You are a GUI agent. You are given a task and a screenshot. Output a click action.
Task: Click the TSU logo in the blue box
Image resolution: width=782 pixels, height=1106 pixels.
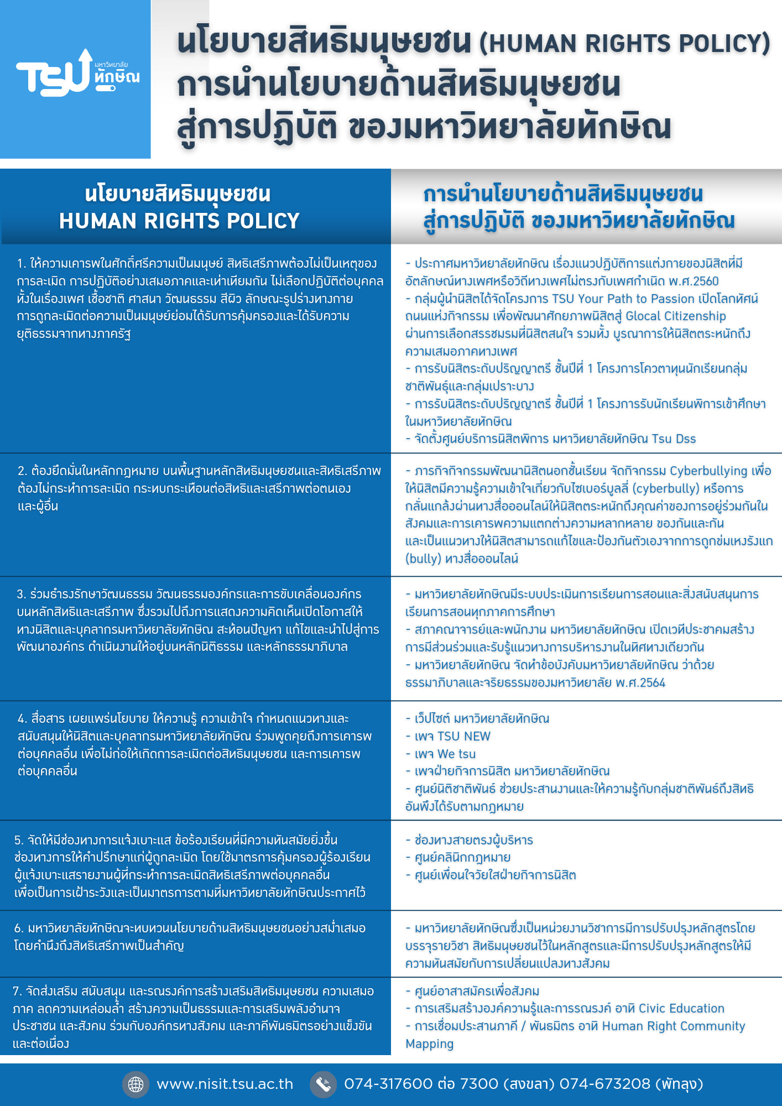point(77,74)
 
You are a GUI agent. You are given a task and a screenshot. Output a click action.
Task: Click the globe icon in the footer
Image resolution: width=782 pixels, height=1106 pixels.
point(135,1084)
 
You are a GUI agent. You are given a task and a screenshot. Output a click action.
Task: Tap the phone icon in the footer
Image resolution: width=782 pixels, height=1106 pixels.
point(324,1084)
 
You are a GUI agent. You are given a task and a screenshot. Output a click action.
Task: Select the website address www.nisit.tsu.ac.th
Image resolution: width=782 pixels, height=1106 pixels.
point(225,1084)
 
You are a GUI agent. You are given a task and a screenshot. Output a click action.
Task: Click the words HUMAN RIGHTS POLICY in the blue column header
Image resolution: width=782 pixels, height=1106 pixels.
point(179,221)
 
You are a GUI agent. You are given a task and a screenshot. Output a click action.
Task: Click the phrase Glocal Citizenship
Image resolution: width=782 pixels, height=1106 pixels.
point(675,316)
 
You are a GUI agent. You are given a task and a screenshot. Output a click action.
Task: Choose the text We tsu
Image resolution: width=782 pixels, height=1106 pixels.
point(456,754)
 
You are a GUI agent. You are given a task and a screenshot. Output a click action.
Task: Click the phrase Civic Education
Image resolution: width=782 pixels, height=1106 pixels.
point(681,1009)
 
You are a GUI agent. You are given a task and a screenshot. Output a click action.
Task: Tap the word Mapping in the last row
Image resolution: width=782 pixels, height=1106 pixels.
point(429,1044)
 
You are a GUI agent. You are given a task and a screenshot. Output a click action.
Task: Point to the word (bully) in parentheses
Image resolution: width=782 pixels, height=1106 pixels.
point(423,559)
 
